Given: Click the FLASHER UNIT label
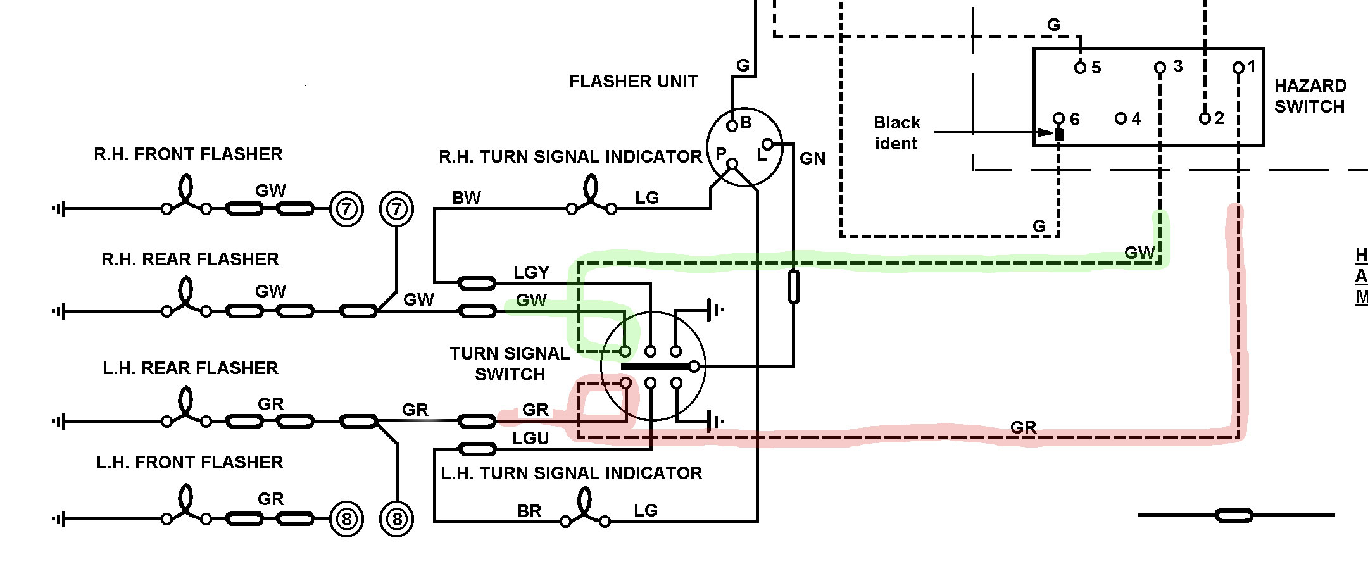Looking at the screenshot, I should pyautogui.click(x=633, y=82).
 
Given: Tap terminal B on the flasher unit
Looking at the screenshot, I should pyautogui.click(x=732, y=125).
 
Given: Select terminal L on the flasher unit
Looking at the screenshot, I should pyautogui.click(x=767, y=145).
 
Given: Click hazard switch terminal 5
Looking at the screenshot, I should pyautogui.click(x=1081, y=67).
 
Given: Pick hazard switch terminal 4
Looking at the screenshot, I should pyautogui.click(x=1120, y=118).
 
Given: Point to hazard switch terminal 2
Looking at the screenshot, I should pyautogui.click(x=1205, y=118).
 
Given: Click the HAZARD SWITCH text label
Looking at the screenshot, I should pyautogui.click(x=1310, y=96).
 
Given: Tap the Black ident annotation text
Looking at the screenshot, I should pyautogui.click(x=896, y=133).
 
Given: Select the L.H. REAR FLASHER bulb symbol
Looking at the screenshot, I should pyautogui.click(x=185, y=408).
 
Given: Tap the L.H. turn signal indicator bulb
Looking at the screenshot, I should pyautogui.click(x=585, y=509).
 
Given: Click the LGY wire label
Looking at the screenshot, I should pyautogui.click(x=531, y=273).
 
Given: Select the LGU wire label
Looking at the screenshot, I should pyautogui.click(x=530, y=438).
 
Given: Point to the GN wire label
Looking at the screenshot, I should pyautogui.click(x=812, y=159).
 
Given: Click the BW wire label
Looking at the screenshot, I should pyautogui.click(x=467, y=198).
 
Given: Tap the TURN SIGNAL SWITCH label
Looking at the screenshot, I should pyautogui.click(x=510, y=364).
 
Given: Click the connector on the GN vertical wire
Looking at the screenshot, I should pyautogui.click(x=793, y=287).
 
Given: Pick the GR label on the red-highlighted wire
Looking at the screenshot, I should pyautogui.click(x=1023, y=427).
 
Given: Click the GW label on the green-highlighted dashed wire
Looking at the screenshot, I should pyautogui.click(x=1139, y=253).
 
